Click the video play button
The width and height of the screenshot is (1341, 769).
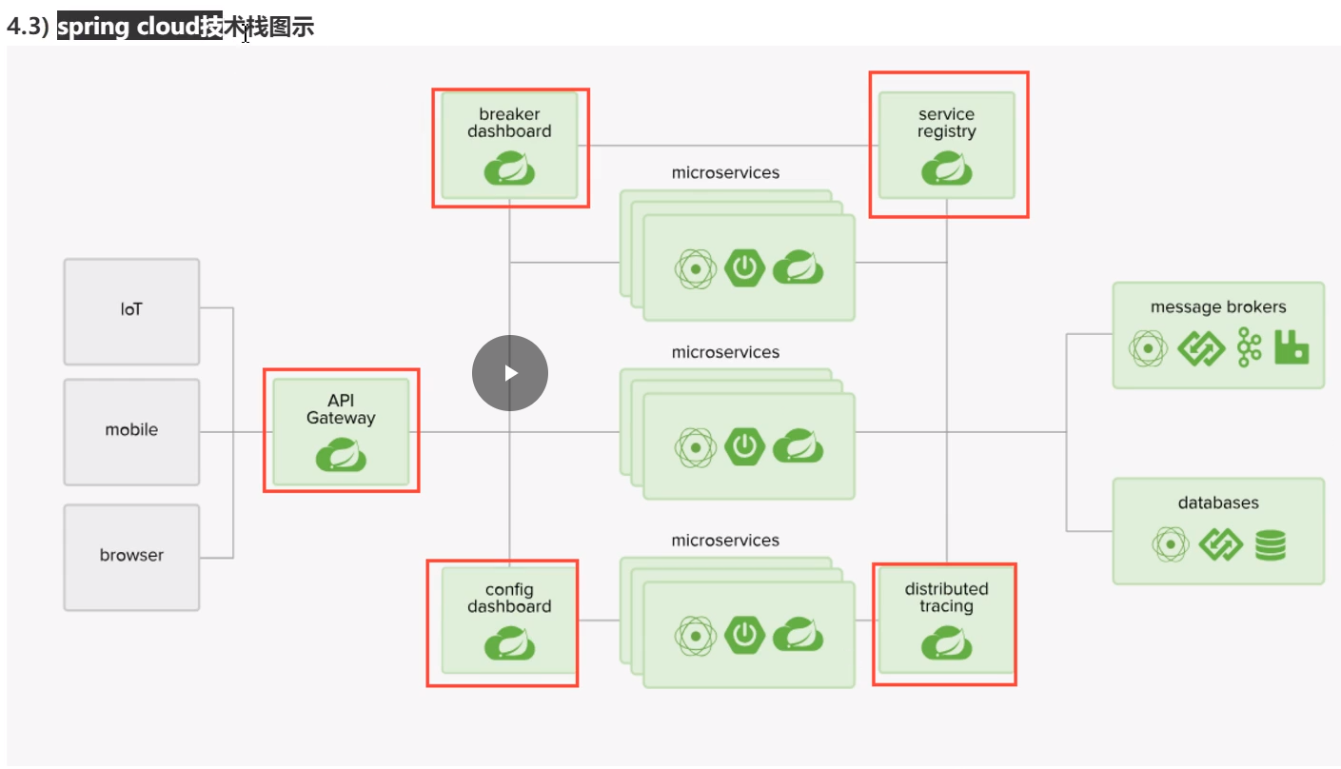coord(510,373)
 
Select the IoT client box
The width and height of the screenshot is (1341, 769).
coord(131,310)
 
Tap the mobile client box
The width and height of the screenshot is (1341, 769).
coord(131,430)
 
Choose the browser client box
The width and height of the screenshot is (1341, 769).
coord(131,556)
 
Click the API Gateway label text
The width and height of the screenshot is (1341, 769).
coord(341,409)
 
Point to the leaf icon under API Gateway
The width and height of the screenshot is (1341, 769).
coord(341,456)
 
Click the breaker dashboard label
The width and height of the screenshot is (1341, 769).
coord(509,123)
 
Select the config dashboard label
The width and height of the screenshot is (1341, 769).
coord(509,599)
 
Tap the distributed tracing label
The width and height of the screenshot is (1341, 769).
coord(946,598)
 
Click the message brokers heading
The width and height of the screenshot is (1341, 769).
coord(1218,307)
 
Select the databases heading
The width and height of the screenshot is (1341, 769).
coord(1218,503)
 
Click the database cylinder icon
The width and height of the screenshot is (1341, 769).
coord(1270,545)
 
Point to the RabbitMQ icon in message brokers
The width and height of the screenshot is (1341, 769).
coord(1292,348)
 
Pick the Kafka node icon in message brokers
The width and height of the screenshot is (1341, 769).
coord(1249,348)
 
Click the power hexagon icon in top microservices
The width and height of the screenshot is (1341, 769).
coord(744,268)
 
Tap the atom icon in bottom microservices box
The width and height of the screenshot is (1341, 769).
coord(696,636)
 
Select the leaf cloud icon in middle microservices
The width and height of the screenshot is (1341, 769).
coord(798,446)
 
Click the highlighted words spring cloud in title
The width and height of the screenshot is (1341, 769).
coord(139,27)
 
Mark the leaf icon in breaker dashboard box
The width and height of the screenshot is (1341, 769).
coord(509,169)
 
